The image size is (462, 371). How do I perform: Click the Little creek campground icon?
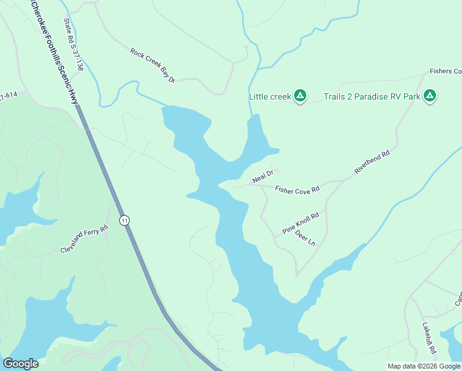tap(300, 96)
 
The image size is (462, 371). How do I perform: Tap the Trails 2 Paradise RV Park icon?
tap(430, 96)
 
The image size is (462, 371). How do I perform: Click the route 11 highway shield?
tap(125, 220)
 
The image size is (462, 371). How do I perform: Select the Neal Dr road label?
tap(262, 179)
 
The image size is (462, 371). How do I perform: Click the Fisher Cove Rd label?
tap(297, 190)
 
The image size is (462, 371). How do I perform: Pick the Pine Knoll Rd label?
tap(300, 223)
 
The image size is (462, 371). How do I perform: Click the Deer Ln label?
tap(305, 238)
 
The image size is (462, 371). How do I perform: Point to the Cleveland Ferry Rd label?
tap(84, 239)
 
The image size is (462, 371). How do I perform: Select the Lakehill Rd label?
tap(429, 338)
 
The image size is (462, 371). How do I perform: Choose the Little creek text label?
tap(270, 96)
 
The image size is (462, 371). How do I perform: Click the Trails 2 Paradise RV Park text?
tap(372, 96)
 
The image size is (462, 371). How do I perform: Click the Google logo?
tap(20, 364)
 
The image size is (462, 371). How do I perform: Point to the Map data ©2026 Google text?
tap(424, 366)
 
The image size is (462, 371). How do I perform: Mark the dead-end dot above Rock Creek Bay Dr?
tap(246, 47)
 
